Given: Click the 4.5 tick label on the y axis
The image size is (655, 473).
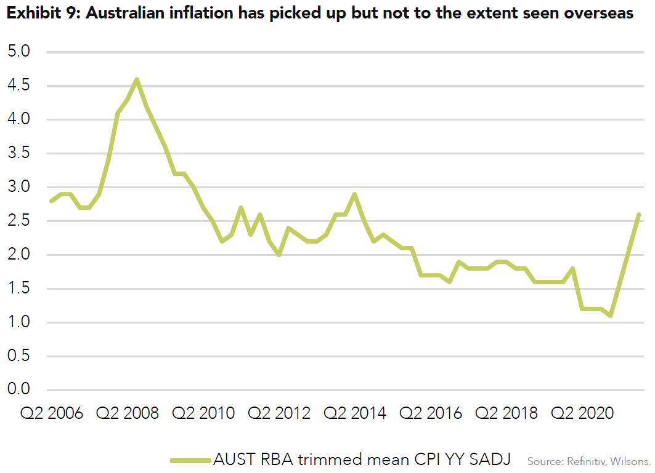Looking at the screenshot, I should (18, 85).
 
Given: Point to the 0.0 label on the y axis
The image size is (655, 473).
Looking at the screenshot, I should (18, 390).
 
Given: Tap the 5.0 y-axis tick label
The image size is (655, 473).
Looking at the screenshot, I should (18, 52).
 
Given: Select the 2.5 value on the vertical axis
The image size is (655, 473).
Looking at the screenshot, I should (18, 221).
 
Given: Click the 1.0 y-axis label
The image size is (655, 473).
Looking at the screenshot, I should (18, 322).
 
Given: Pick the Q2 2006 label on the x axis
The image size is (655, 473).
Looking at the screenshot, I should (52, 413).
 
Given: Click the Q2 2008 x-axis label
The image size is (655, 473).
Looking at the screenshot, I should (128, 413).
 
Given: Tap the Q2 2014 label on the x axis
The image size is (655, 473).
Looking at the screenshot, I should (356, 413).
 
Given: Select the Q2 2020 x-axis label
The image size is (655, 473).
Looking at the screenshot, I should (583, 413).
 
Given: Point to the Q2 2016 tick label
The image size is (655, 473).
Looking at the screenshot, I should (431, 413).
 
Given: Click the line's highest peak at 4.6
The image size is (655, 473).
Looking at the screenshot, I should (137, 79).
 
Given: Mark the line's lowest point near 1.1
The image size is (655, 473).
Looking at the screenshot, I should (611, 316).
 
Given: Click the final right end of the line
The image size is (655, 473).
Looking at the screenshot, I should (639, 214).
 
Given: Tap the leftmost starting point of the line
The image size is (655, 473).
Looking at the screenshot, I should (51, 201).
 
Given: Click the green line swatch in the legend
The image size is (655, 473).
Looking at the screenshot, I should (190, 459).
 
